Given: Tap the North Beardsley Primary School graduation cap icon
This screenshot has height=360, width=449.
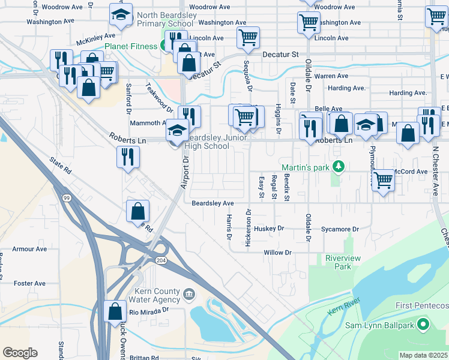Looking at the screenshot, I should pos(121,16).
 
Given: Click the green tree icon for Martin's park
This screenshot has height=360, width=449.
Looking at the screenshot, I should pos(339,166).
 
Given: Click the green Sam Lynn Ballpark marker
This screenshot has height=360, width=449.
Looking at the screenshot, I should pos(423,325).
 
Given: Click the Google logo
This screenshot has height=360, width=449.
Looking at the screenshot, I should pos(20,353).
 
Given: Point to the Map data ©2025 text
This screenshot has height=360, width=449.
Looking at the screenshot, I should pos(423,355).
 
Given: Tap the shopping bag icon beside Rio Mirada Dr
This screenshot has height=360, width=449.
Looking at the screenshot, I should pos(115,311).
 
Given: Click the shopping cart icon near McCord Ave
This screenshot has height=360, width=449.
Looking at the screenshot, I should pos(382,179).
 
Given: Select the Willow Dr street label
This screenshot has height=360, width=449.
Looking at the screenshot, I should pos(277,253).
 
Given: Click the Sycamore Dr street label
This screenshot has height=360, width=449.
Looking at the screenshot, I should pos(339,229).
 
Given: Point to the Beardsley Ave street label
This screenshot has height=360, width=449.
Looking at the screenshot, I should pos(212,203).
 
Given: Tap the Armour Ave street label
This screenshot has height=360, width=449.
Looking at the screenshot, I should pos(29,249).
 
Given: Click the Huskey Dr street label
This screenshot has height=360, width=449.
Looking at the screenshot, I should pos(268,229).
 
